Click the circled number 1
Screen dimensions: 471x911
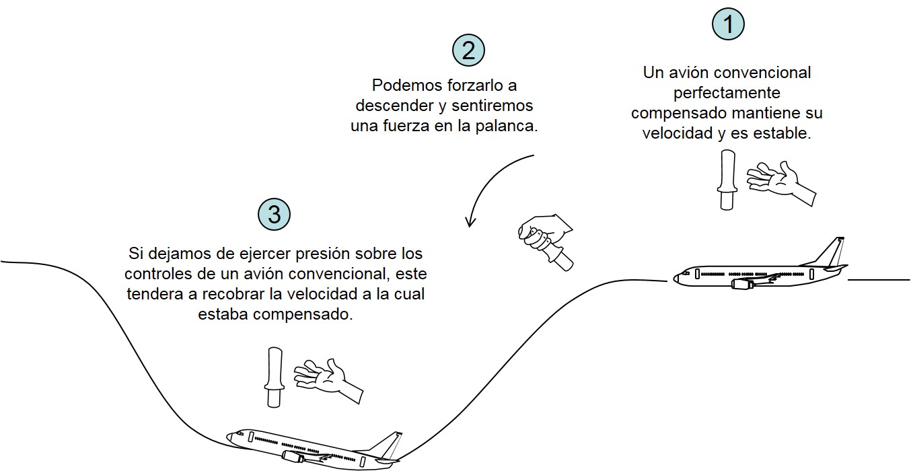pos(728,25)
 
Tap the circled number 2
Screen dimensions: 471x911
pos(468,51)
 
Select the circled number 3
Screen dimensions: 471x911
pos(274,215)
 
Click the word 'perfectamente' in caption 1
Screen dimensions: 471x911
pos(727,92)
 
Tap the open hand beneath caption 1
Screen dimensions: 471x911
pos(780,180)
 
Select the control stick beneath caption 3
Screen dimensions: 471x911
pos(274,376)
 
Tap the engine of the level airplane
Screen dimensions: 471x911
pos(741,285)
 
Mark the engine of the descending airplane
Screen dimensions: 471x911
pos(293,458)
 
